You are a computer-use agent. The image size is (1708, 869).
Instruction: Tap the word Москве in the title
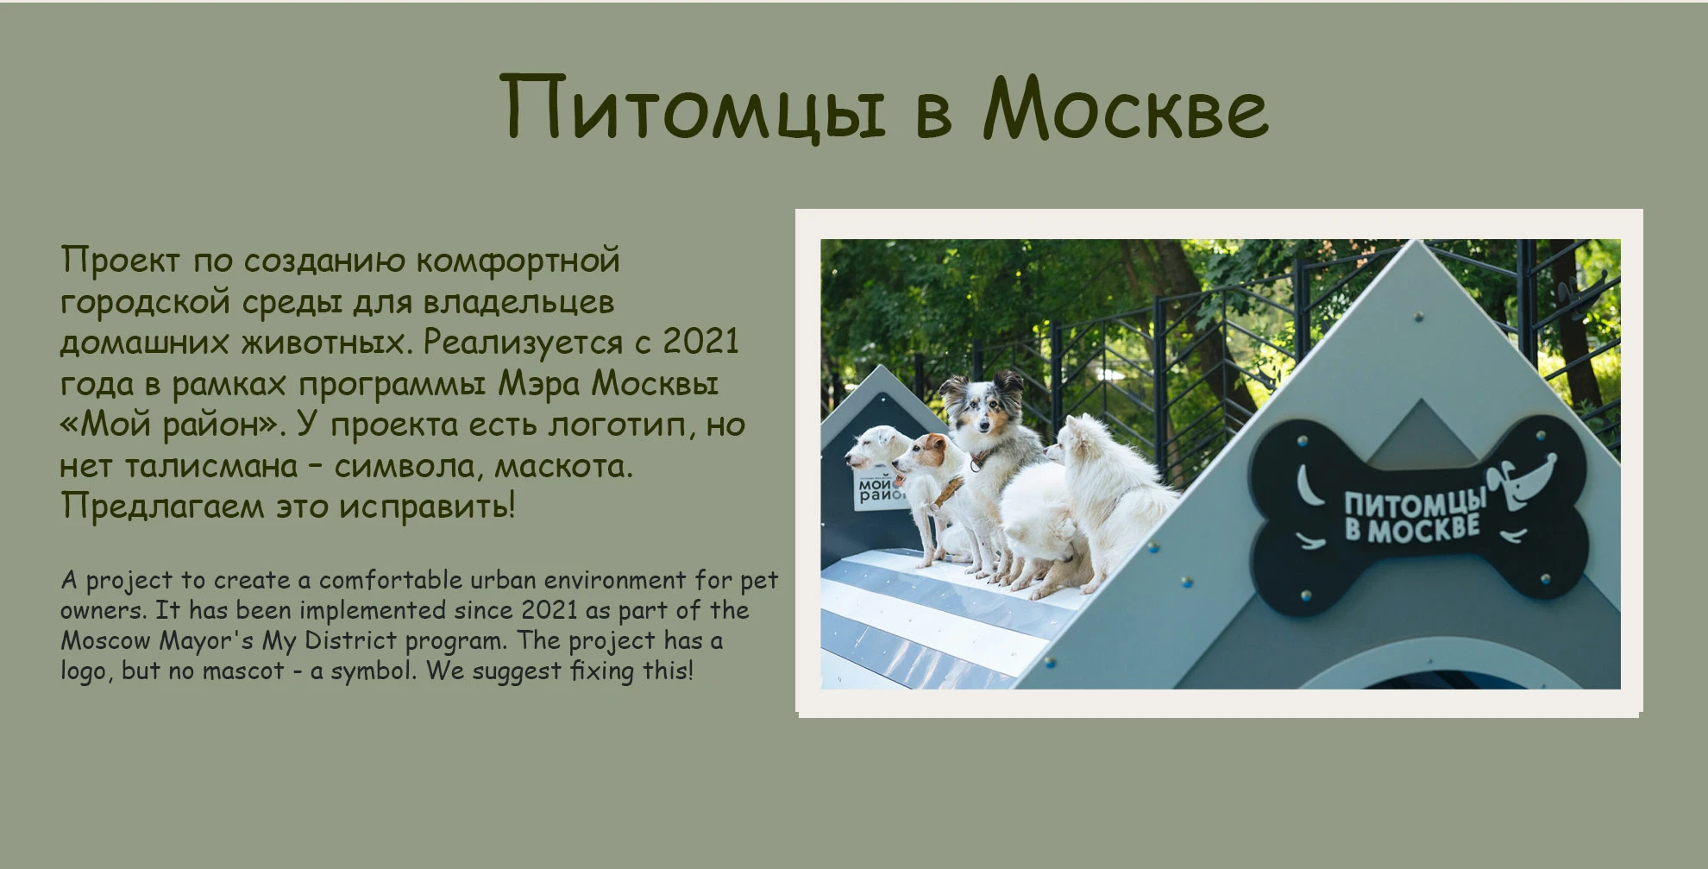[1126, 108]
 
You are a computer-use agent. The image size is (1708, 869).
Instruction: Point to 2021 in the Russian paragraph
[700, 342]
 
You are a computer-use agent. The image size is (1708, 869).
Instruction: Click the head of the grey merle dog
[981, 409]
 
